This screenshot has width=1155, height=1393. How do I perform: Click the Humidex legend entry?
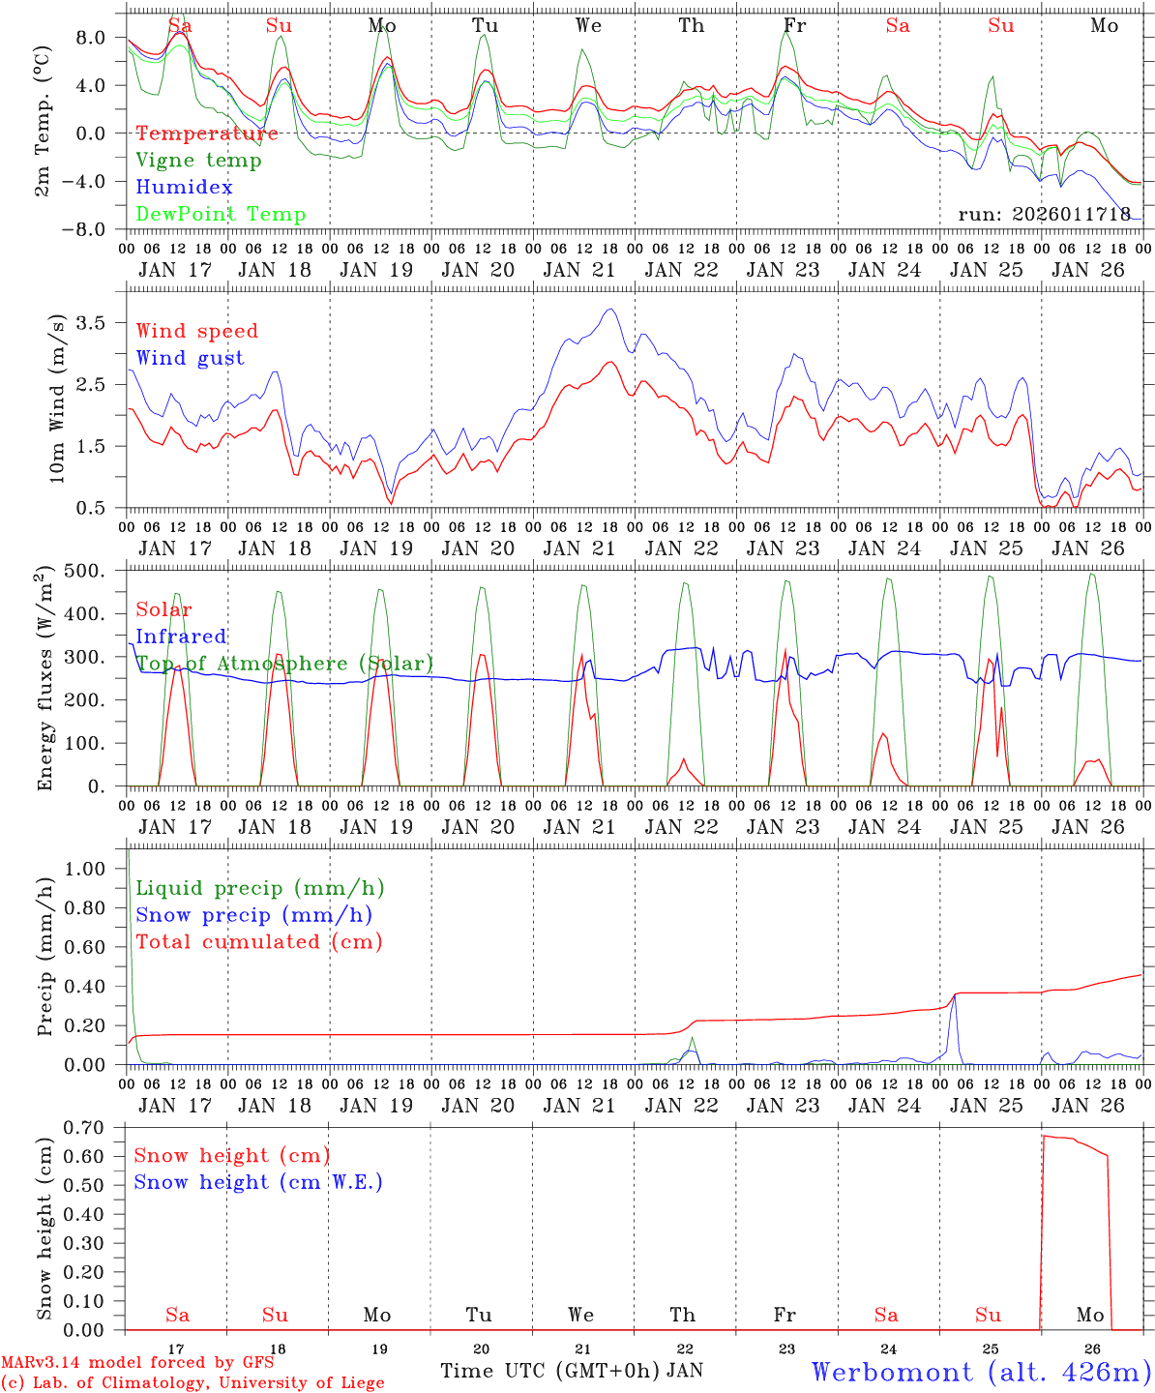[x=184, y=187]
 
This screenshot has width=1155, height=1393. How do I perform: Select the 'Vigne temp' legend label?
[x=198, y=160]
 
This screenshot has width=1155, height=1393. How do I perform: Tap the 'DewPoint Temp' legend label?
[x=221, y=214]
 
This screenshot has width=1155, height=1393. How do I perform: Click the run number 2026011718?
[x=1045, y=214]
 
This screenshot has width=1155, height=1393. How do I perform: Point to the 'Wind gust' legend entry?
[x=190, y=358]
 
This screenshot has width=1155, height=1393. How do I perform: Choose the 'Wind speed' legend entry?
[x=197, y=331]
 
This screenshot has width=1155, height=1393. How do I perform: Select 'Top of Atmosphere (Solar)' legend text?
[x=284, y=664]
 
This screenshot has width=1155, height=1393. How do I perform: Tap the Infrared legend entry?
[x=181, y=637]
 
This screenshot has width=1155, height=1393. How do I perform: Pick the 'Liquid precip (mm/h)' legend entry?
[x=260, y=888]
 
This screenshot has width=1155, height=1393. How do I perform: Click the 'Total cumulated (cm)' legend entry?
[x=259, y=941]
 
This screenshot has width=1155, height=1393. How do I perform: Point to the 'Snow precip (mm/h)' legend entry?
[x=253, y=915]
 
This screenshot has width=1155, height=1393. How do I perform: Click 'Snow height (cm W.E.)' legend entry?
[x=258, y=1182]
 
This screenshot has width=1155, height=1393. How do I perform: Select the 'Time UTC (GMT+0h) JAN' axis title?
[x=572, y=1370]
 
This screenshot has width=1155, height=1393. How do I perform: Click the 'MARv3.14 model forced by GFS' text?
[x=137, y=1363]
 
